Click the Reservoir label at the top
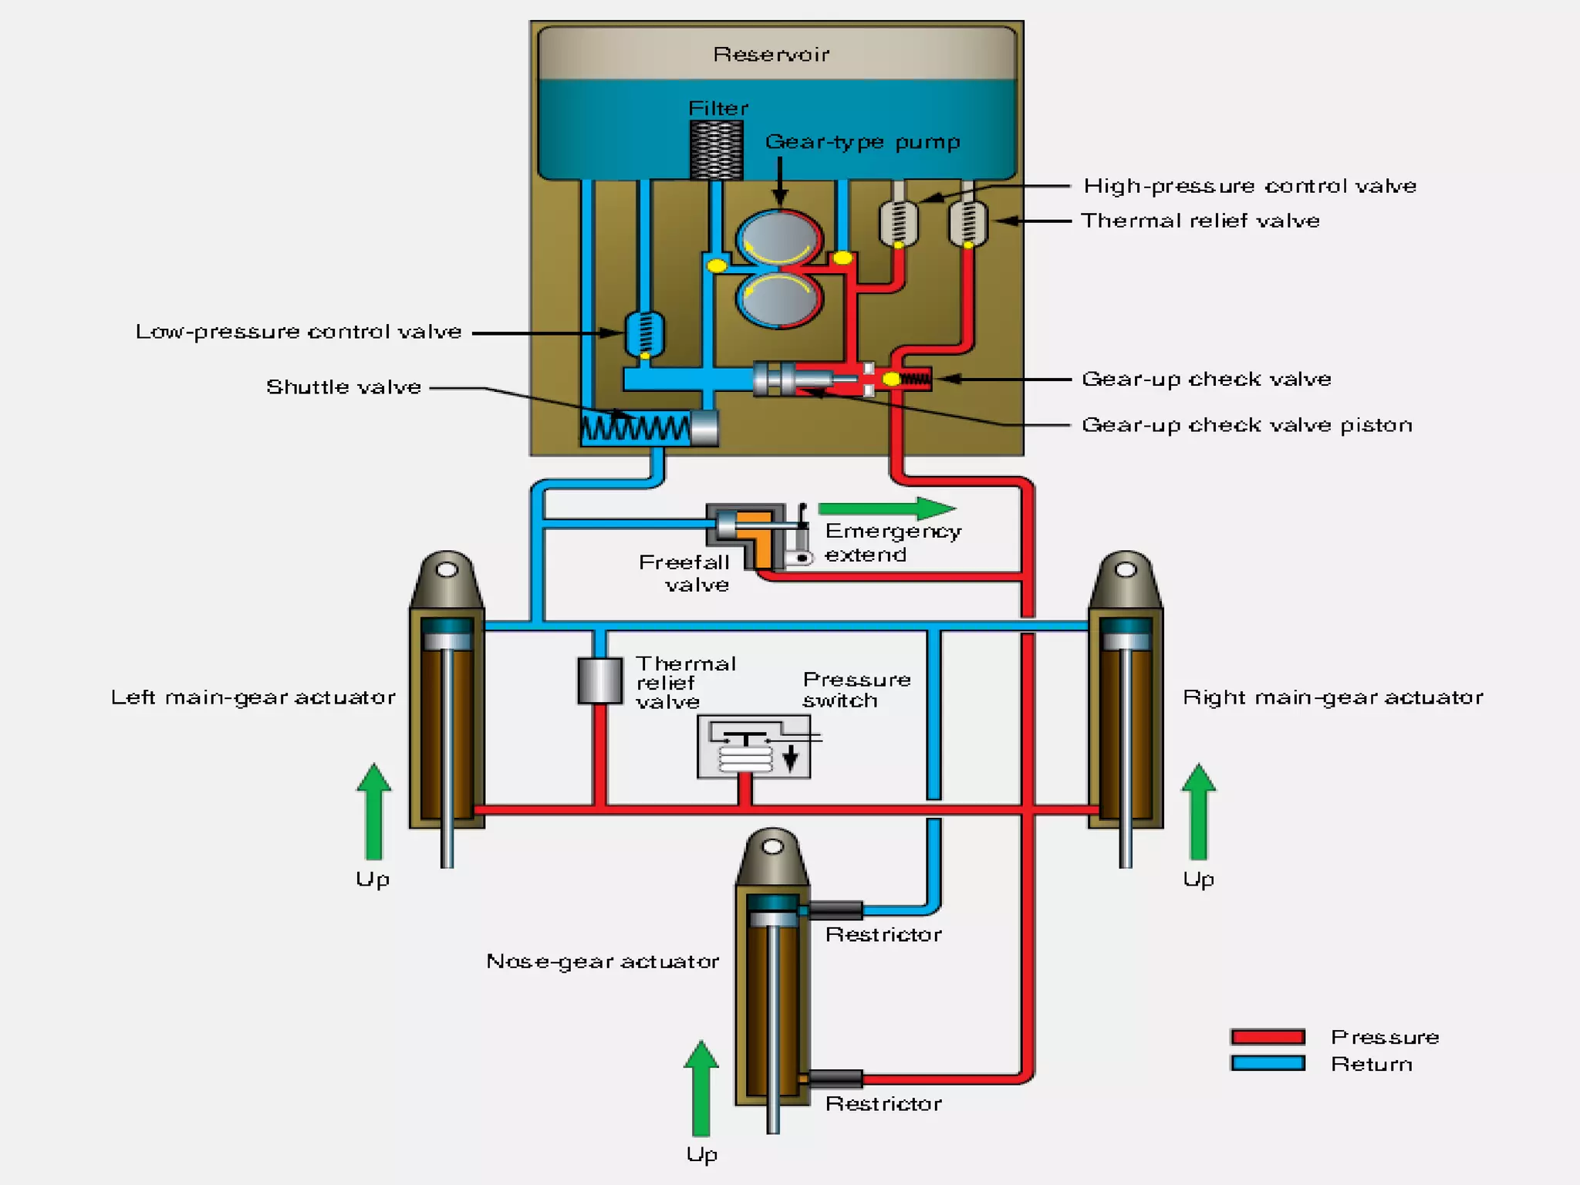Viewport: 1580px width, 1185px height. point(771,54)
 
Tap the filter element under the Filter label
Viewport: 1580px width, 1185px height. point(716,150)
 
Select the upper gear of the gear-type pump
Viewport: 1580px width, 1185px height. point(779,240)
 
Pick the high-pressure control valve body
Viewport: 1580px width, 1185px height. point(898,223)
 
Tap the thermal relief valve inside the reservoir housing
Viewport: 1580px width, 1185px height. point(967,223)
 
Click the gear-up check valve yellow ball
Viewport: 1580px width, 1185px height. point(891,379)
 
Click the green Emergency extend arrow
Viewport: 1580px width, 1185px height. point(886,508)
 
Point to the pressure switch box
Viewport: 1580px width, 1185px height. point(754,746)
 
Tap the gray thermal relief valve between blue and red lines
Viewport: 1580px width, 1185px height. point(599,680)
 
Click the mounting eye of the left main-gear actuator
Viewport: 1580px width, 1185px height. point(447,570)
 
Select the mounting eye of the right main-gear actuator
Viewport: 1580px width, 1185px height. point(1126,570)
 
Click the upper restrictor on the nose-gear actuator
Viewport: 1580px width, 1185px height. point(836,910)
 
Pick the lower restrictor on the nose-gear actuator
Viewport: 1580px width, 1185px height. point(836,1079)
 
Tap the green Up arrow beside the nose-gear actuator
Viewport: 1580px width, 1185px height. point(701,1089)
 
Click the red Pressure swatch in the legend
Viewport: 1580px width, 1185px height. point(1268,1036)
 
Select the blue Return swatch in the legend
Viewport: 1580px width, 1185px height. point(1268,1063)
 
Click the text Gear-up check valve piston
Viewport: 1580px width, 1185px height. point(1247,425)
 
